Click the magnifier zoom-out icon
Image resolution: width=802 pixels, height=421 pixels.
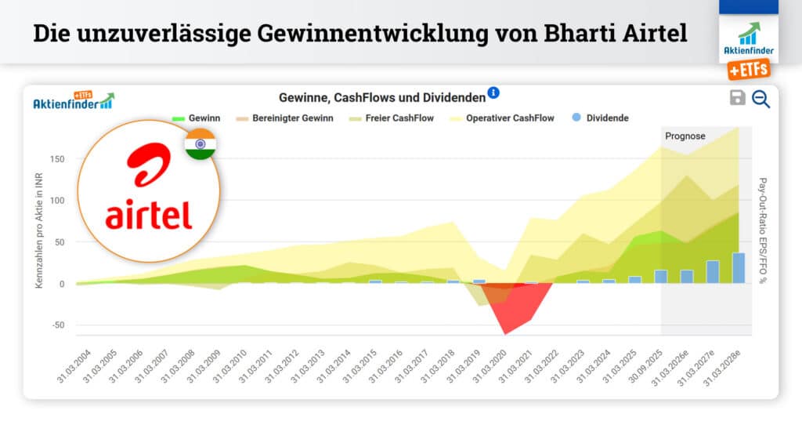(760, 99)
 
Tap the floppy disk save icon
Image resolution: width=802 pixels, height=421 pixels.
(737, 97)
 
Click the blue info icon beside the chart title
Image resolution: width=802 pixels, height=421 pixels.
(493, 93)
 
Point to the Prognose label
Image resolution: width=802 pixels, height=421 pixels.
(685, 136)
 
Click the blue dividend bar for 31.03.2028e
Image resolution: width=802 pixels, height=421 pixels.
(739, 268)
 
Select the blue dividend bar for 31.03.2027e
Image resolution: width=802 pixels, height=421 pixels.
(713, 272)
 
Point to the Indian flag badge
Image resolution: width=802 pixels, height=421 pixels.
(200, 145)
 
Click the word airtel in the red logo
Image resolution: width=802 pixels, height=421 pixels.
(149, 213)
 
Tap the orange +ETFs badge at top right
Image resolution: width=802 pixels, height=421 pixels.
(748, 70)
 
